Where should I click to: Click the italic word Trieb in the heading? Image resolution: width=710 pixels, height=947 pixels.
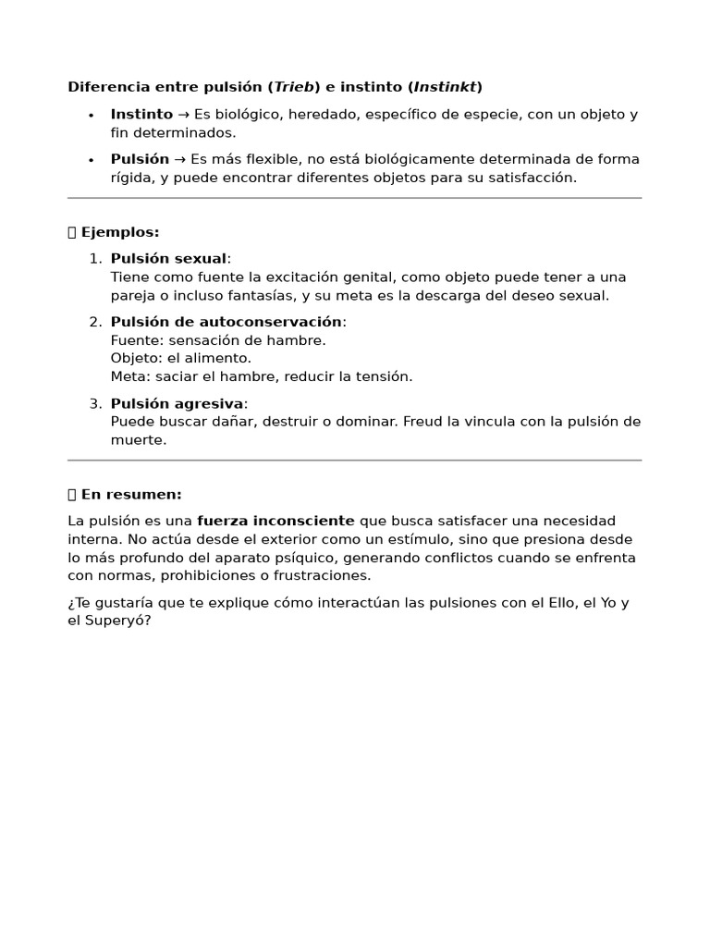point(293,87)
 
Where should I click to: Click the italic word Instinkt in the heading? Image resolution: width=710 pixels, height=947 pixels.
point(445,87)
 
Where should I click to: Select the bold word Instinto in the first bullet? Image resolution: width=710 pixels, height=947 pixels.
point(141,115)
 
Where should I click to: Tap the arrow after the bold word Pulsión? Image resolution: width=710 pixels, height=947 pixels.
point(180,159)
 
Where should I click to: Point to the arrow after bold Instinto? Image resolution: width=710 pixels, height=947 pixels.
point(183,115)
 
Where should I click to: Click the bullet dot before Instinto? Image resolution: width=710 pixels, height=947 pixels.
point(91,116)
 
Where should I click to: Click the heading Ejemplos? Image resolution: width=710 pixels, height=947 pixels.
point(120,232)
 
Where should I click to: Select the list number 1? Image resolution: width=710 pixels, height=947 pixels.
point(94,259)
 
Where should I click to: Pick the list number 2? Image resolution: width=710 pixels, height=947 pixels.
point(94,322)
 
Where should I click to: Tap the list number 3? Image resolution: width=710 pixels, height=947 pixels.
point(94,403)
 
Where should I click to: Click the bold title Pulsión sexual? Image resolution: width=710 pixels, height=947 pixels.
point(168,259)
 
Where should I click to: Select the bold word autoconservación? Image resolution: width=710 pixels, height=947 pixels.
point(271,322)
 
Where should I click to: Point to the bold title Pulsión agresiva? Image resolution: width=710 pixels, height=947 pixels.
point(177,403)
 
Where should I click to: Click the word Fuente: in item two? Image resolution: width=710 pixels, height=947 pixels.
point(135,340)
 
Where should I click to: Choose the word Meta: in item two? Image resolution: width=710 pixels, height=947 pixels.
point(130,376)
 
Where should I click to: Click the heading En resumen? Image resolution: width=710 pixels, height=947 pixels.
point(131,495)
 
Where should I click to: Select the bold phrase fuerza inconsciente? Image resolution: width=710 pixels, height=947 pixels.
point(275,521)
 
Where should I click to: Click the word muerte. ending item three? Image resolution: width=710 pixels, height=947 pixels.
point(139,440)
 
